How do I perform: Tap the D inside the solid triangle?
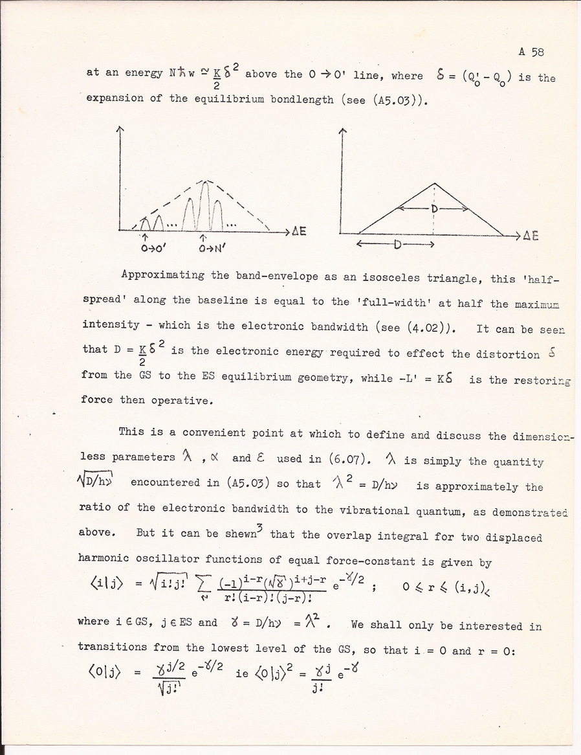coord(433,209)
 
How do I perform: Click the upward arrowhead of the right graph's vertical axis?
coord(343,132)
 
